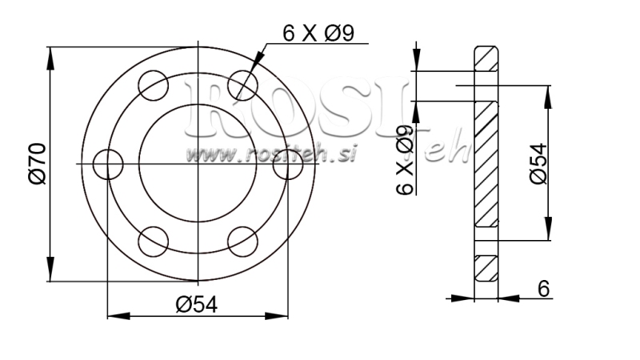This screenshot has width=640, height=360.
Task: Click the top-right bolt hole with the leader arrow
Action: point(242,86)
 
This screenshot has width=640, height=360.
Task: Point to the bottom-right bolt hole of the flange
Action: point(242,242)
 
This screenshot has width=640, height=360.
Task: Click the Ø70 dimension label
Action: point(35,164)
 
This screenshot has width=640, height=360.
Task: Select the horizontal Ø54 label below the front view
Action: point(197,304)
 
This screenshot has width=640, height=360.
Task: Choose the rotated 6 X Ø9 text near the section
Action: point(406,160)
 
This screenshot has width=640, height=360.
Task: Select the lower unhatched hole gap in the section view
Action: point(486,242)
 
